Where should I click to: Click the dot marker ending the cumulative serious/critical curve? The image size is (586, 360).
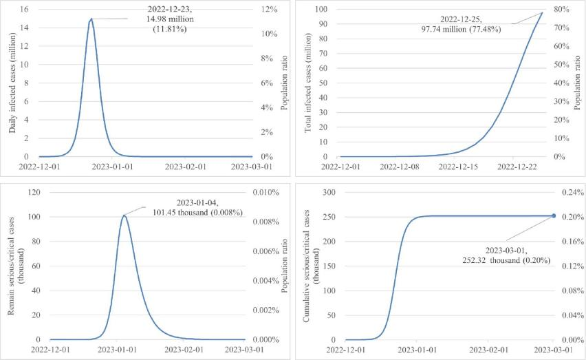coord(553,215)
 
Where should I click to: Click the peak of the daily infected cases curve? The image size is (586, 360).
coord(91,19)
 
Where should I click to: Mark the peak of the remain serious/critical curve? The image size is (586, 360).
coord(124,215)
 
